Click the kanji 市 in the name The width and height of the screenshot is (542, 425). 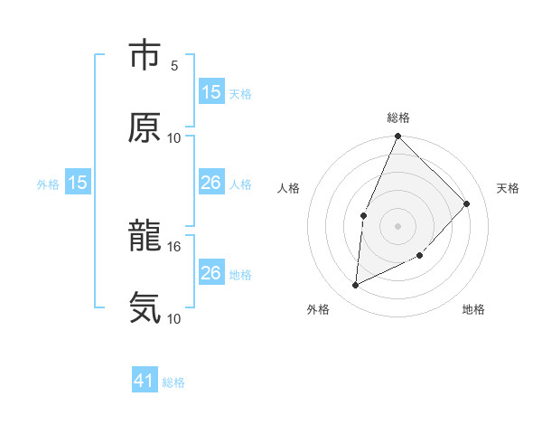click(145, 55)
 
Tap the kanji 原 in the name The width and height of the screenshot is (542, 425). click(145, 127)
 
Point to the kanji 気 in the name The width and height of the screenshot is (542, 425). click(145, 308)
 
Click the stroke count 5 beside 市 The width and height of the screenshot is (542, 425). click(174, 65)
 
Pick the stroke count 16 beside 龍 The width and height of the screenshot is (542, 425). click(174, 246)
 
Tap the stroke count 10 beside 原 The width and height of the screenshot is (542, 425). click(174, 137)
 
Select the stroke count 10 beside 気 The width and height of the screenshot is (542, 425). click(174, 318)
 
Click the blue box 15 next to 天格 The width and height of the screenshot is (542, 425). click(210, 92)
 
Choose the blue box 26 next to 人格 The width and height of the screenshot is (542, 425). click(210, 183)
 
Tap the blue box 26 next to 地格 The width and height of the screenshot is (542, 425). click(210, 273)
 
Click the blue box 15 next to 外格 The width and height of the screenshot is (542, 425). click(78, 183)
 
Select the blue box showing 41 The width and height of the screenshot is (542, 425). click(145, 382)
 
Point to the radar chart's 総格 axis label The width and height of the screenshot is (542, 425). click(398, 118)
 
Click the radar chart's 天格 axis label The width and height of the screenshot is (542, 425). click(508, 188)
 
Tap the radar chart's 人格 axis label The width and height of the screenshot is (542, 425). click(289, 188)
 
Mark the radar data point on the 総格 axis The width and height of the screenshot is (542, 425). click(398, 137)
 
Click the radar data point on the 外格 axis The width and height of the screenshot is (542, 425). click(356, 286)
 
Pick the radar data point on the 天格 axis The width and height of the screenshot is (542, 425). click(467, 203)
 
